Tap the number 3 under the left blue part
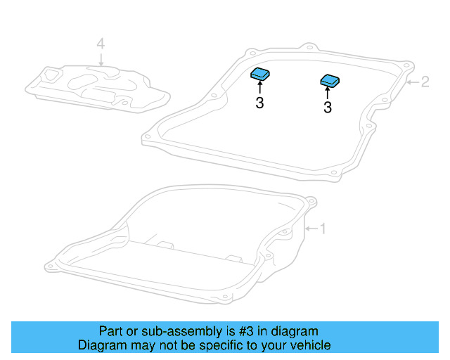(259, 104)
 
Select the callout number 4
(101, 44)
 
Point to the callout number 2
(425, 82)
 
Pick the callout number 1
(323, 229)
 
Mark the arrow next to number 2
(413, 83)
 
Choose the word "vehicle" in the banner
(309, 345)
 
